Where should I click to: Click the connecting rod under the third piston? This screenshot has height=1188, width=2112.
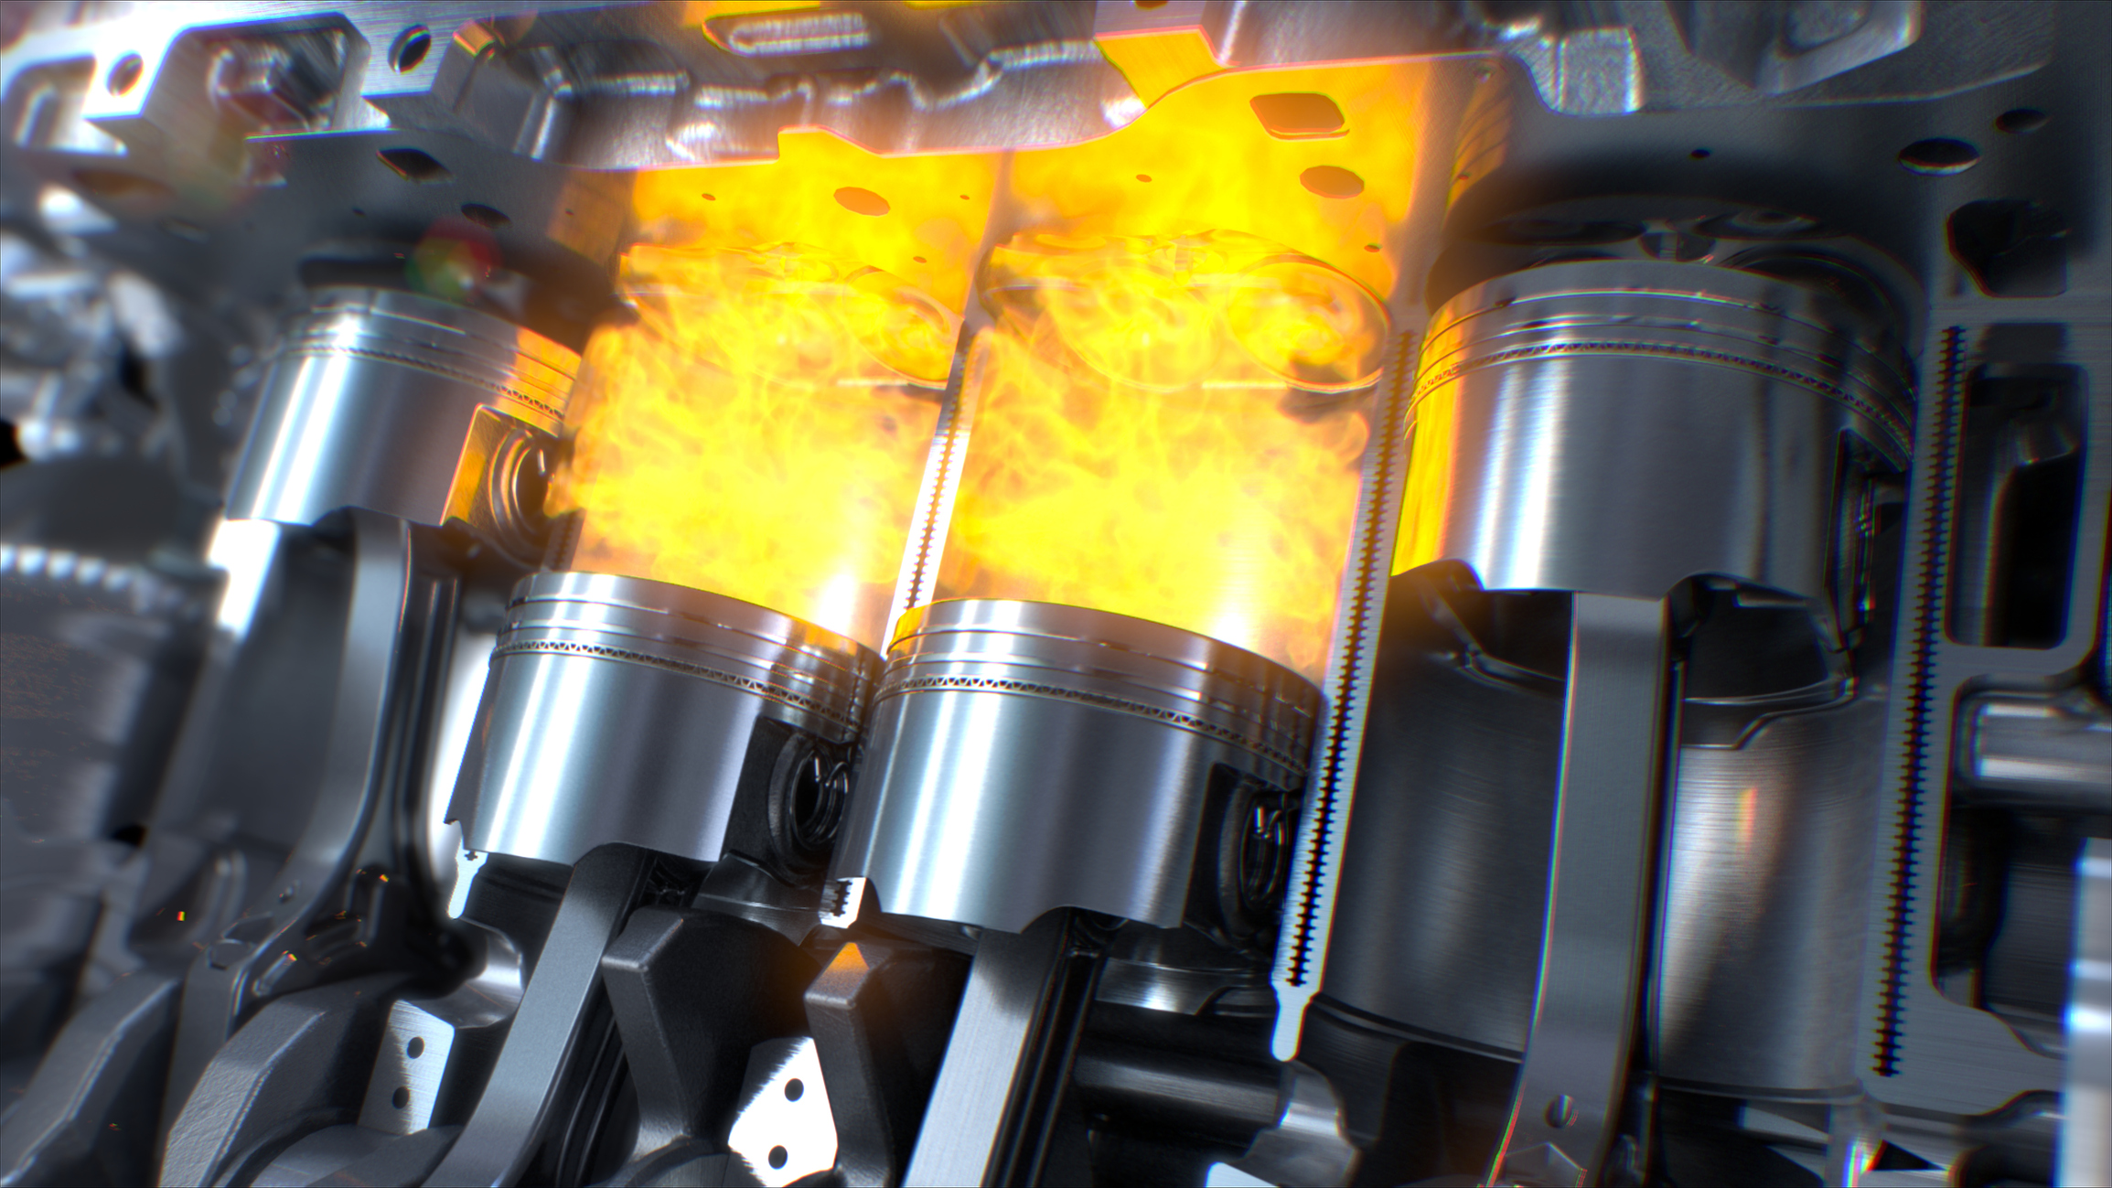[x=997, y=1052]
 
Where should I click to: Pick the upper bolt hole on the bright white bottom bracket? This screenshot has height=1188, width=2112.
[x=794, y=1089]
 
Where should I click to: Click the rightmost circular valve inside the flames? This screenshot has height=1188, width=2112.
[x=1317, y=320]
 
